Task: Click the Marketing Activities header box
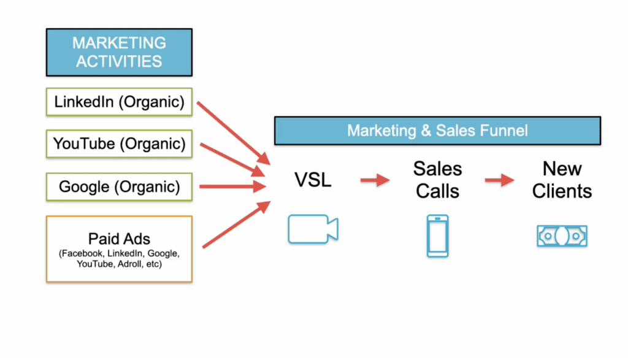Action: (x=119, y=52)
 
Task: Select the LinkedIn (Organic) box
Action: (x=119, y=102)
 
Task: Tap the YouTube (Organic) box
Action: (x=119, y=144)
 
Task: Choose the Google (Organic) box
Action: (x=119, y=186)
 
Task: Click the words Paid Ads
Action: (x=119, y=239)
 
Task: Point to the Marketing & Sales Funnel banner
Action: (x=437, y=131)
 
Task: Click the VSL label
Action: (x=312, y=181)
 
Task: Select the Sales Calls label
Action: (x=437, y=180)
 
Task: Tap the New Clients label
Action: (x=562, y=180)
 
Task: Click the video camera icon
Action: (x=313, y=229)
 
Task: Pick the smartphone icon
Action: (x=437, y=236)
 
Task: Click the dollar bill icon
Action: (x=562, y=236)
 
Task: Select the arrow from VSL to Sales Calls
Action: (x=375, y=180)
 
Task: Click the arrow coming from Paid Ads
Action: (x=236, y=224)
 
